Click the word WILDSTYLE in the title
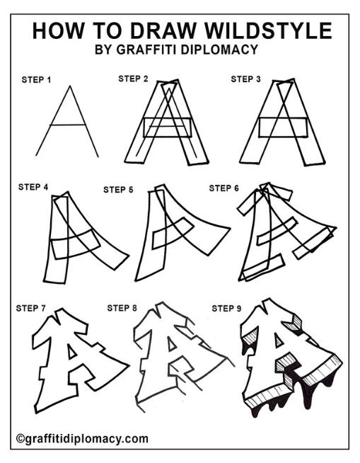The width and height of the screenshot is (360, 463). point(268,30)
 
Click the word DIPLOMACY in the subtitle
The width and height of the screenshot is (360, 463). point(219,50)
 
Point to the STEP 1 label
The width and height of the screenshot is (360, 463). point(36,80)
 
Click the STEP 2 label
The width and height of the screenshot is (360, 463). point(133,79)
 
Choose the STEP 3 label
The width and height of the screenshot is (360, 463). point(246,79)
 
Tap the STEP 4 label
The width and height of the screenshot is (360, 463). point(33,187)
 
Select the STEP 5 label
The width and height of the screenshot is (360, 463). point(118,190)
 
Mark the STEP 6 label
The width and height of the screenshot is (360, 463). point(224,188)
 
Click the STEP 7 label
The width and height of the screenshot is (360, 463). point(31,308)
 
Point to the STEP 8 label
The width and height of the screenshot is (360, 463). point(122,308)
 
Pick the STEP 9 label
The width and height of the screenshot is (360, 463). point(226,309)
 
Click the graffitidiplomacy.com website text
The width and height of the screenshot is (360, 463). point(86,439)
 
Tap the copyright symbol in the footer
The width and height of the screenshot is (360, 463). point(20,438)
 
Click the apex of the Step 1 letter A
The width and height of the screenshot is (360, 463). point(70,86)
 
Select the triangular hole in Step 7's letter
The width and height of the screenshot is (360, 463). point(71,353)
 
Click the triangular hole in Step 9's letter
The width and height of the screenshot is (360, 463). point(278,341)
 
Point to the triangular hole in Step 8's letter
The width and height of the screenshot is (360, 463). point(171,344)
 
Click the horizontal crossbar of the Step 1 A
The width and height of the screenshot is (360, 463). point(68,125)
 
